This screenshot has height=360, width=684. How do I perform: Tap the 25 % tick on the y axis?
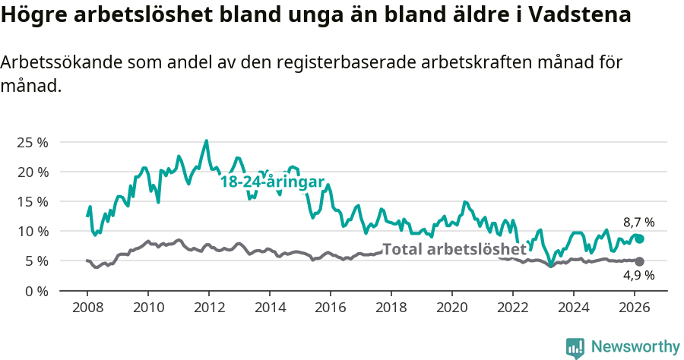pos(32,142)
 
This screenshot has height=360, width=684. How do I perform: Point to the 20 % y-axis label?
pos(32,172)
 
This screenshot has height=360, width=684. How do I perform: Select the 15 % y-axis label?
pos(32,201)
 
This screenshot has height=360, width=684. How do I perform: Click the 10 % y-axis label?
pos(32,231)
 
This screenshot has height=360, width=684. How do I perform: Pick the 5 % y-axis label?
pos(36,261)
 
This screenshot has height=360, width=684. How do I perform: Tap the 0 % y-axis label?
pos(36,290)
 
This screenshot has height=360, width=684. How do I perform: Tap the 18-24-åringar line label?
pos(272,182)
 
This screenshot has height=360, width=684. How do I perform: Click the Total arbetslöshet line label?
pos(454,249)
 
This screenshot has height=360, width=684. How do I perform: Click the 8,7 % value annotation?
pos(638,223)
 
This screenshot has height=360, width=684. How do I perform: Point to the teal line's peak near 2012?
pos(206,141)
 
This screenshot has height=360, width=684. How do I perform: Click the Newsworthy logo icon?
pos(575,348)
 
